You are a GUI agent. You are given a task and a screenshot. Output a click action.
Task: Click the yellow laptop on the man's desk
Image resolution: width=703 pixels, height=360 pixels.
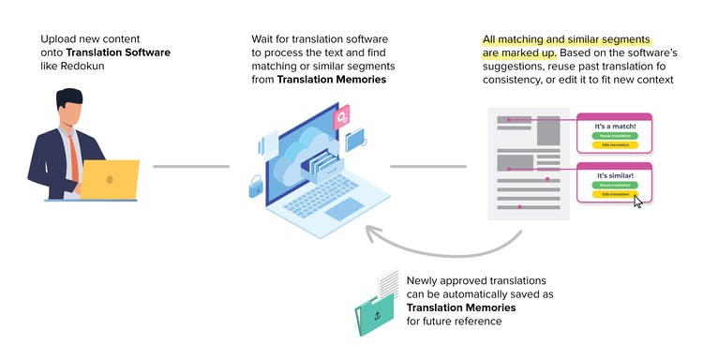[x=110, y=178]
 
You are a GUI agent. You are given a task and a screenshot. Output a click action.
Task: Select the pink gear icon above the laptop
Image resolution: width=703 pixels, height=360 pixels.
[x=344, y=116]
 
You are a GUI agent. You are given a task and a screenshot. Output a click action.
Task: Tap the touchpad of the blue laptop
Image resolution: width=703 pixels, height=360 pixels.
[x=343, y=208]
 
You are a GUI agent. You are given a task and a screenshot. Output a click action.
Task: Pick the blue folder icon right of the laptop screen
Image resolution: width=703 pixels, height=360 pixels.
[x=357, y=140]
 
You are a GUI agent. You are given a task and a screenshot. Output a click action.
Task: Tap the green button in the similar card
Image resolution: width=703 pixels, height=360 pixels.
[x=614, y=185]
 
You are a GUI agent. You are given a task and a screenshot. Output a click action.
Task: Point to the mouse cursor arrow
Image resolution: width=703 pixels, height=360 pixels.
[x=638, y=201]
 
